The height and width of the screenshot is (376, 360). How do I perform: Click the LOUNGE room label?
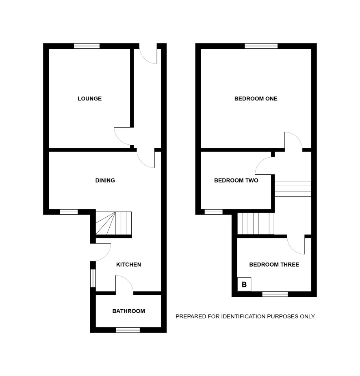tap(90, 98)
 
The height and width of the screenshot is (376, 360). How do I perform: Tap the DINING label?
tap(105, 180)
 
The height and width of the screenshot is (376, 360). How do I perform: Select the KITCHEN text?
tap(128, 265)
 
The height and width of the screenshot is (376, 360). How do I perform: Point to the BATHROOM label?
tap(129, 311)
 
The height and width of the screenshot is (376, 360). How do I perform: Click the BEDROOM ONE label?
tap(256, 98)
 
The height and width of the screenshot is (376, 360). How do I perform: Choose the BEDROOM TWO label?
tap(236, 180)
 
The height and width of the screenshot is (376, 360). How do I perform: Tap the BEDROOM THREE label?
tap(274, 265)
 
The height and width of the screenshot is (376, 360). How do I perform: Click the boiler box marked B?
tap(244, 285)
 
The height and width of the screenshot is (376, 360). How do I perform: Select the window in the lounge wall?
tap(87, 46)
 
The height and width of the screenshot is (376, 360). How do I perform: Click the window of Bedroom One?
tap(261, 46)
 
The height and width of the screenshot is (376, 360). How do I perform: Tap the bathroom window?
tap(128, 330)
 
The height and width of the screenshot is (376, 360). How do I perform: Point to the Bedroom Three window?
tap(275, 294)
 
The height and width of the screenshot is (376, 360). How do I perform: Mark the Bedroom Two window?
tap(214, 212)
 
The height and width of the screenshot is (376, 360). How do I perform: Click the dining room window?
tap(69, 212)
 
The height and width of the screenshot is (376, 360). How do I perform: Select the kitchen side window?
tap(93, 278)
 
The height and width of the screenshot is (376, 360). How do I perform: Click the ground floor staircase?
tap(114, 223)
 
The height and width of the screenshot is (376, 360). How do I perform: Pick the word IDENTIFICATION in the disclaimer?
tap(243, 317)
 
